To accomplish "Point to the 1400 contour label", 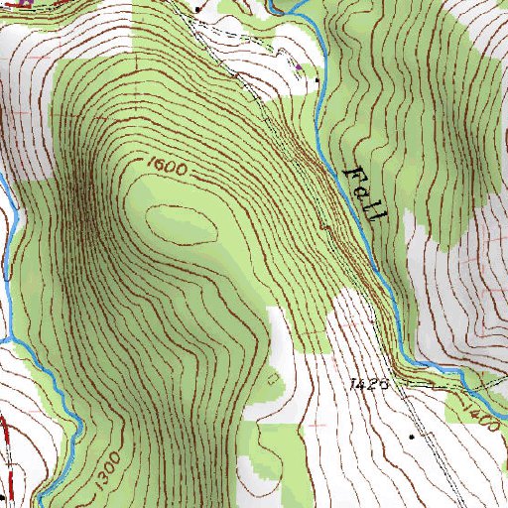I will (x=477, y=406).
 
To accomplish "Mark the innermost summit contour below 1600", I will (x=181, y=222).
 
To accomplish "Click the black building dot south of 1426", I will (x=411, y=436).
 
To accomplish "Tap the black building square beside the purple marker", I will (x=317, y=79).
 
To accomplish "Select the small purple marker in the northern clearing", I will (x=297, y=66).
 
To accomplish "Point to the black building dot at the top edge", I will (x=197, y=9).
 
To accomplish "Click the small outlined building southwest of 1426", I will (x=275, y=378).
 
